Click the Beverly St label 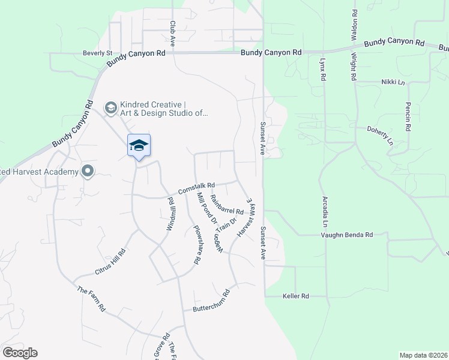[x=97, y=53]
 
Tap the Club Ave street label [x=172, y=34]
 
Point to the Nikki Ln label [x=392, y=82]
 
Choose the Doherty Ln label [x=379, y=136]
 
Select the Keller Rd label [x=295, y=296]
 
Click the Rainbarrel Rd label [x=227, y=208]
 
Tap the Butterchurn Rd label [x=211, y=301]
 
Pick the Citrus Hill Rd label [x=110, y=262]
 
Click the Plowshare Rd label [x=196, y=244]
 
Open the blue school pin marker [x=139, y=146]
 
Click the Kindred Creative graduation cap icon [x=110, y=107]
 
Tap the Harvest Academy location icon [x=88, y=172]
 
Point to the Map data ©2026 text [x=423, y=355]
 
